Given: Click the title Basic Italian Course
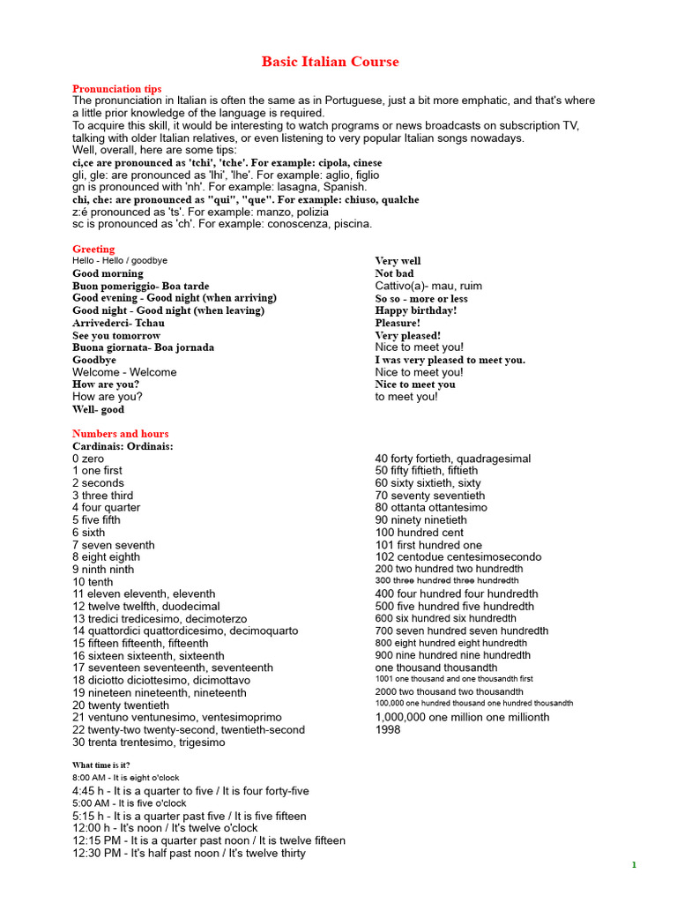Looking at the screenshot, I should (330, 62).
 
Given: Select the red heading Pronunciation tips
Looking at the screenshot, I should (116, 89).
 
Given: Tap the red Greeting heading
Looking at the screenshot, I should (93, 250).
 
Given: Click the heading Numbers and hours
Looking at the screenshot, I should (120, 434).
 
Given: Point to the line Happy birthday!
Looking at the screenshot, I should (415, 310).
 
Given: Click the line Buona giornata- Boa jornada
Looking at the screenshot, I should (143, 347).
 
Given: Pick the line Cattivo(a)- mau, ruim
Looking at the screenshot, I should (428, 286).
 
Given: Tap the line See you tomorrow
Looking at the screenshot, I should (116, 336).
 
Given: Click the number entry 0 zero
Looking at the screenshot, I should (88, 459).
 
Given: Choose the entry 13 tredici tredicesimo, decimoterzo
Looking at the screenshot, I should (160, 619).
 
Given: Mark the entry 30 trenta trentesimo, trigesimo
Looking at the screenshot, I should (148, 743).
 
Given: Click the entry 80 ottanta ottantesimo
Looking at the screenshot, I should (431, 508).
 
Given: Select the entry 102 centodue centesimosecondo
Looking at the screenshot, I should (458, 557).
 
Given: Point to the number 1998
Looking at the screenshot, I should (388, 729).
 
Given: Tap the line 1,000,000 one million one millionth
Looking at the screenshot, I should (462, 717).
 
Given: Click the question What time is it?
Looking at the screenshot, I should (101, 765).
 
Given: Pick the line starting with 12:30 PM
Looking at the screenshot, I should (189, 853).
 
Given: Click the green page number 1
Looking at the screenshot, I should (634, 865).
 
